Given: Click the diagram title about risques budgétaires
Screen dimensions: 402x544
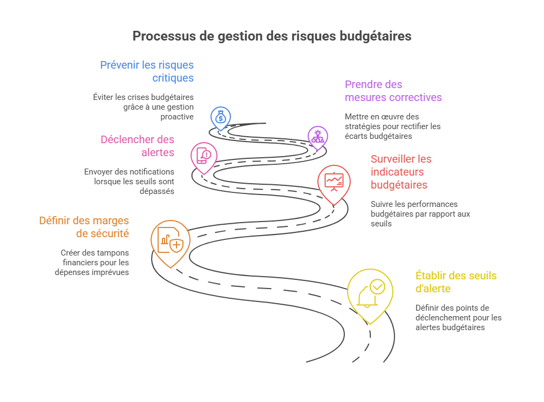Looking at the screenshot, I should coord(272,36).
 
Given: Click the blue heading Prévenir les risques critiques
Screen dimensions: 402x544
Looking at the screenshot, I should coord(147,71).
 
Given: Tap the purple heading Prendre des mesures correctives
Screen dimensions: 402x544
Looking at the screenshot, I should coord(393,91).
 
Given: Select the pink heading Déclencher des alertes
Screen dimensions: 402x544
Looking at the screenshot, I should coord(138,146).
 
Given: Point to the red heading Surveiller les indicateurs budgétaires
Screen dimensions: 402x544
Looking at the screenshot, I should coord(401,172).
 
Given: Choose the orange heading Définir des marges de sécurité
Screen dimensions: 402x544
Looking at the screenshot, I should coord(84,227).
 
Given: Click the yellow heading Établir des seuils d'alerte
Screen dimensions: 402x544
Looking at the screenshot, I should coord(455,282).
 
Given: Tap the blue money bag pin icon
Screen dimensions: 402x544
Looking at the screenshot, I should coord(221,117).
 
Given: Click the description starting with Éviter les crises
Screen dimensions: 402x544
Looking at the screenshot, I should coord(143,107).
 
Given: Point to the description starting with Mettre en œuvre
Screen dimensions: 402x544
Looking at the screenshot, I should coord(392,126).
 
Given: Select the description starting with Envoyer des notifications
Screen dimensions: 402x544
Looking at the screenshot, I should coord(129,181).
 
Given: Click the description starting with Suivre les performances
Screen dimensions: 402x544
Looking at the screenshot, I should coord(420,213).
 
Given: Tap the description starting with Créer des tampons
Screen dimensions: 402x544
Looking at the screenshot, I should coord(92,262).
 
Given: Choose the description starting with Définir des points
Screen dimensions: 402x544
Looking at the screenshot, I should coord(458,317).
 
